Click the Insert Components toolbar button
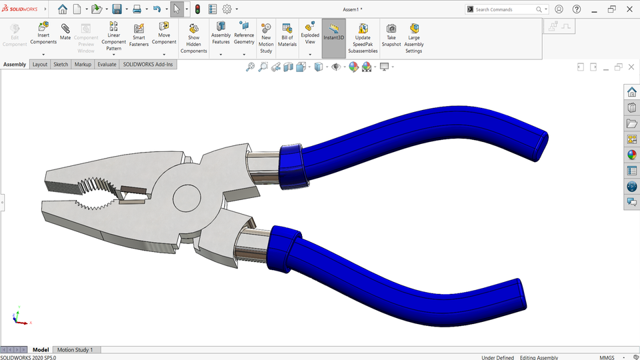(x=43, y=33)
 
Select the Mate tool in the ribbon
(x=65, y=31)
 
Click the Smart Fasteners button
(x=139, y=35)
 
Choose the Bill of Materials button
(x=287, y=35)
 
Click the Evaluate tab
(x=107, y=65)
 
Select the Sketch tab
(x=61, y=65)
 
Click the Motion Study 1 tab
(x=75, y=349)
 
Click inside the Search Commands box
(x=505, y=9)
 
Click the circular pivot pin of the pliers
(x=187, y=198)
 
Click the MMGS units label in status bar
(x=607, y=357)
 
